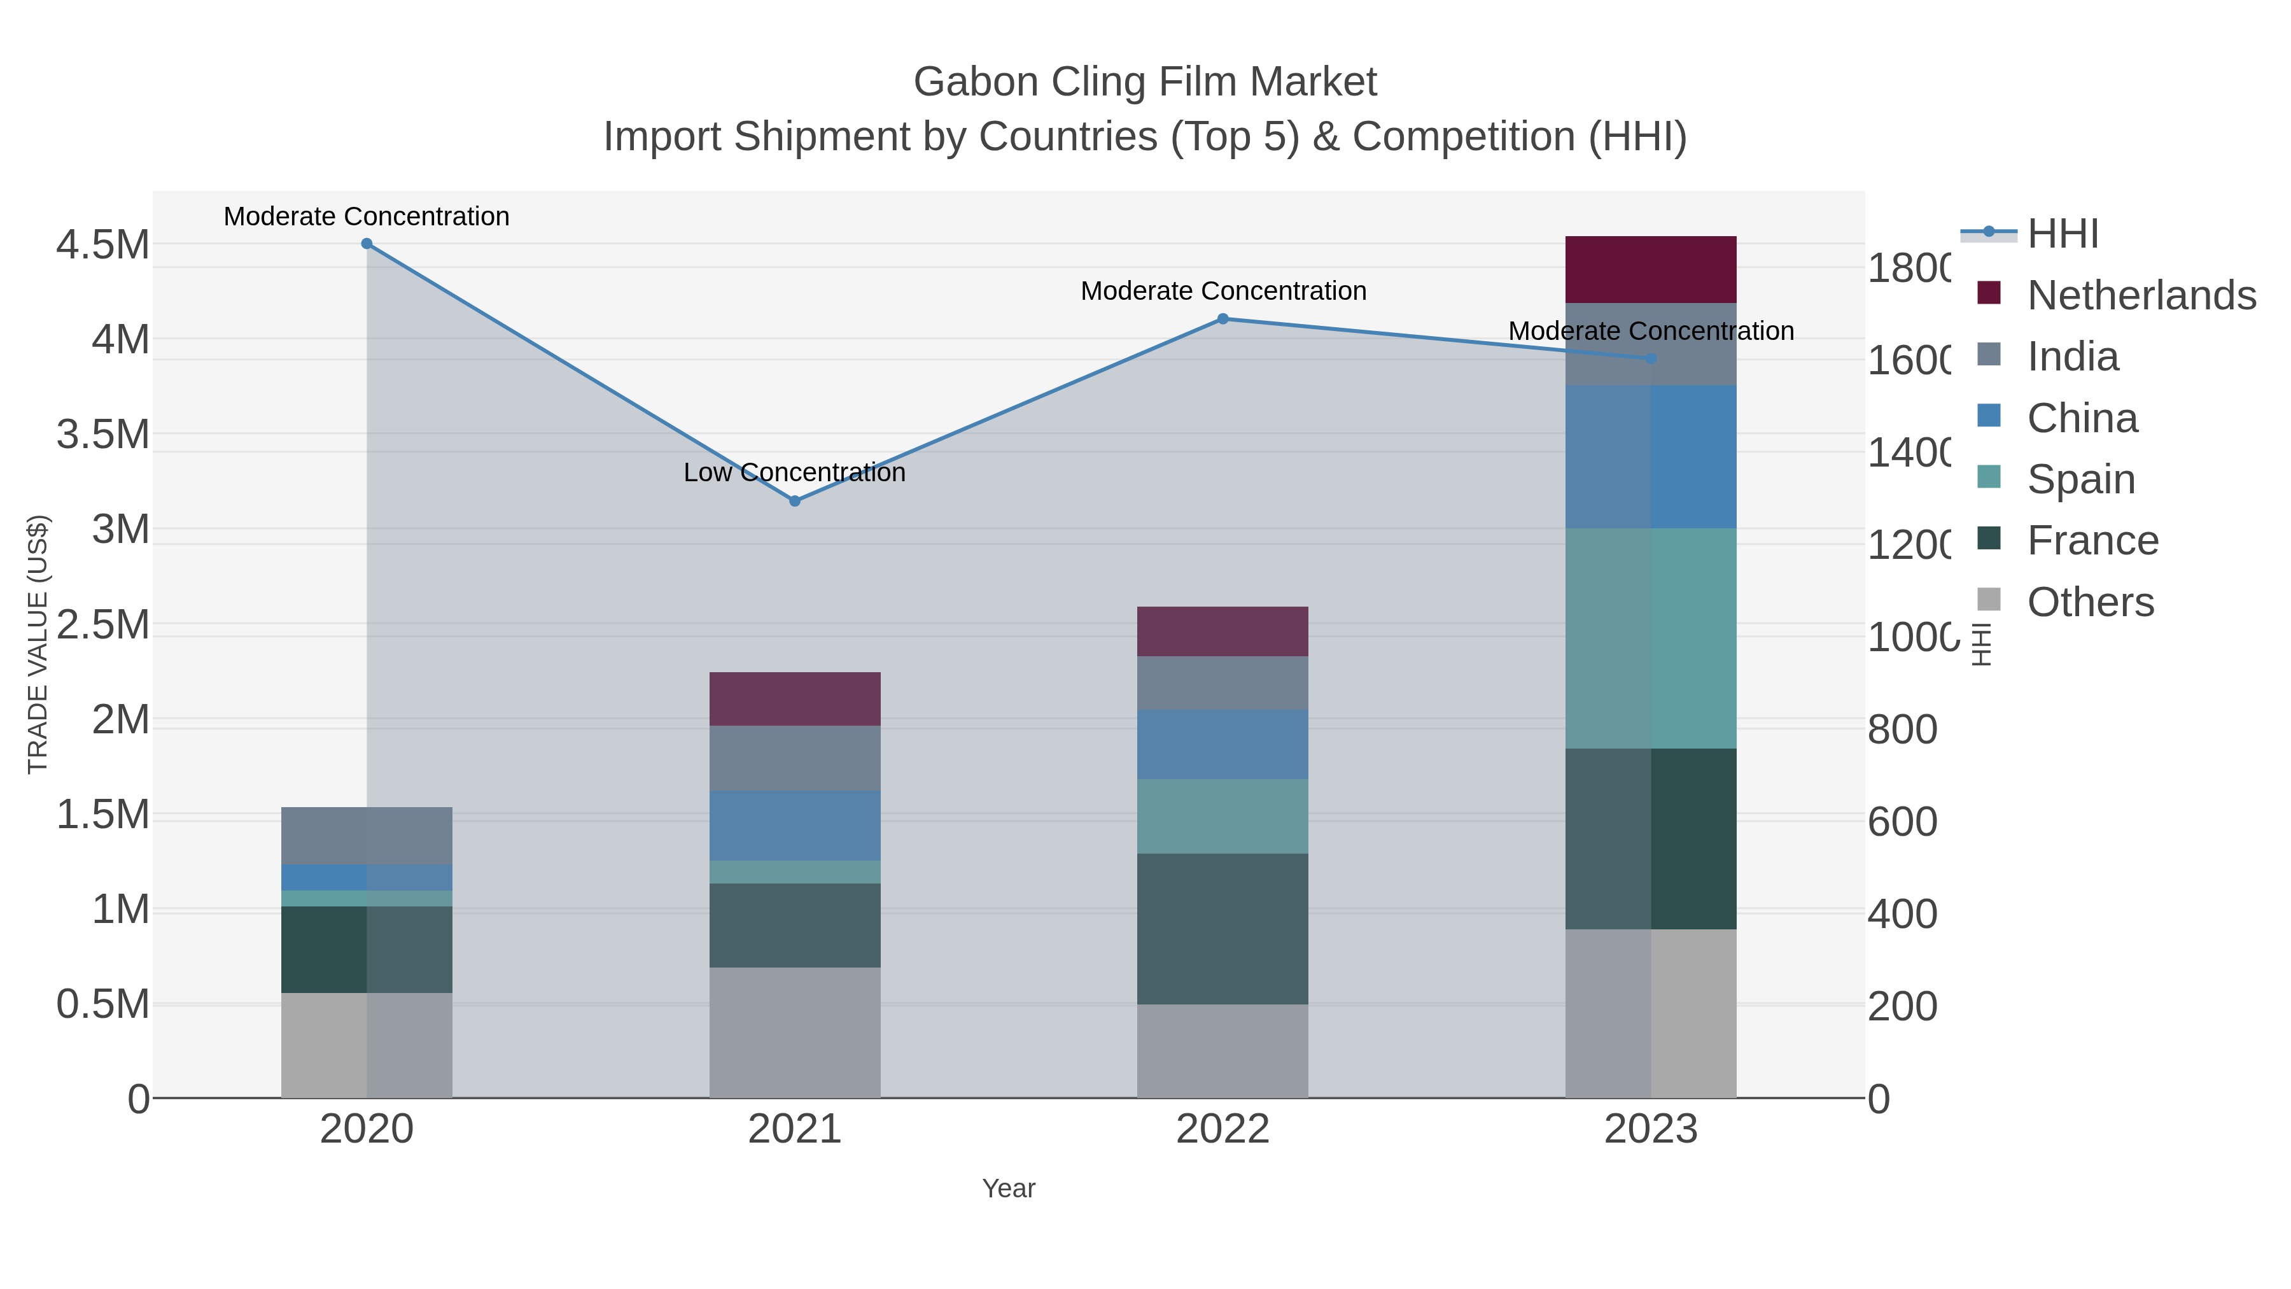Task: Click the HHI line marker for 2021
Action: click(795, 501)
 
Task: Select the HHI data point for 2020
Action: click(367, 244)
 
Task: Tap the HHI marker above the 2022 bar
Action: click(1223, 318)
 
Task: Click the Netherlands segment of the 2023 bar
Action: click(1651, 269)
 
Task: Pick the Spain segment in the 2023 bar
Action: click(1651, 638)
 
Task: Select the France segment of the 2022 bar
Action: click(1223, 929)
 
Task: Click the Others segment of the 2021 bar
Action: click(795, 1032)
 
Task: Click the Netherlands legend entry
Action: click(2141, 295)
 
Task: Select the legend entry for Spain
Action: click(2080, 479)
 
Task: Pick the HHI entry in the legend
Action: click(2063, 234)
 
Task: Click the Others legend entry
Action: click(2090, 602)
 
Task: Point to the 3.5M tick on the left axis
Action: click(103, 435)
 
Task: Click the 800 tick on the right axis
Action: click(1902, 729)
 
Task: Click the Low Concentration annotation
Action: click(795, 472)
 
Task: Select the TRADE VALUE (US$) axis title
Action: click(38, 644)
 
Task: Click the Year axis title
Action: click(1009, 1188)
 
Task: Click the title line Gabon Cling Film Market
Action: click(1145, 82)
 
